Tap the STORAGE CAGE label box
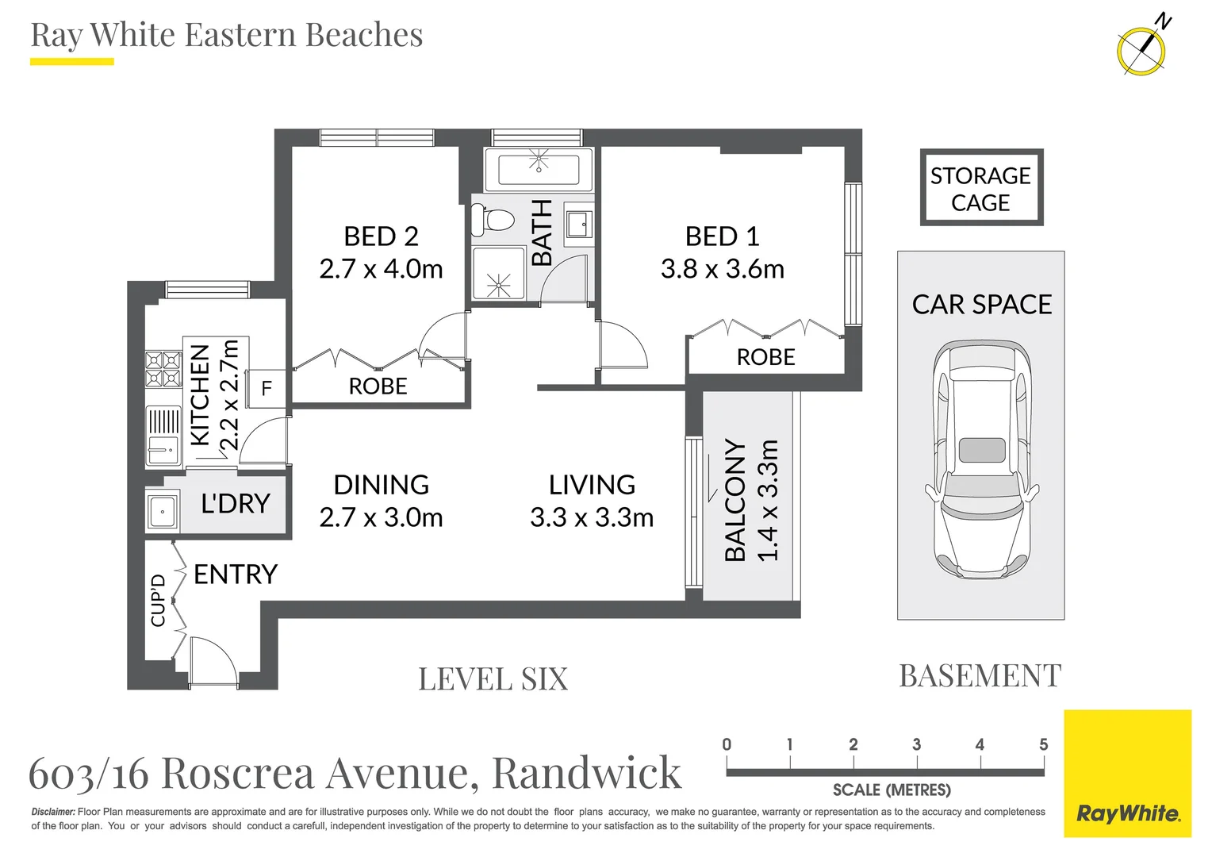point(980,188)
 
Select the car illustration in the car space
point(982,461)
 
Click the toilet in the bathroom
point(489,220)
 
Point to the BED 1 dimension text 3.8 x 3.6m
point(722,269)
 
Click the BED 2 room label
point(381,236)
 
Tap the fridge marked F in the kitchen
point(267,388)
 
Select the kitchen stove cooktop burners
point(163,369)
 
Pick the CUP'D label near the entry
point(158,600)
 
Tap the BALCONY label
point(735,501)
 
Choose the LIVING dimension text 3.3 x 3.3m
point(592,517)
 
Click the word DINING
point(381,484)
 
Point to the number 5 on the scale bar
point(1043,744)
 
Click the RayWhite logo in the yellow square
point(1127,813)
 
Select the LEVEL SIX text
point(493,679)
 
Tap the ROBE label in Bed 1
point(765,357)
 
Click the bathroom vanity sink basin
point(577,224)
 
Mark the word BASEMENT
point(980,676)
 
